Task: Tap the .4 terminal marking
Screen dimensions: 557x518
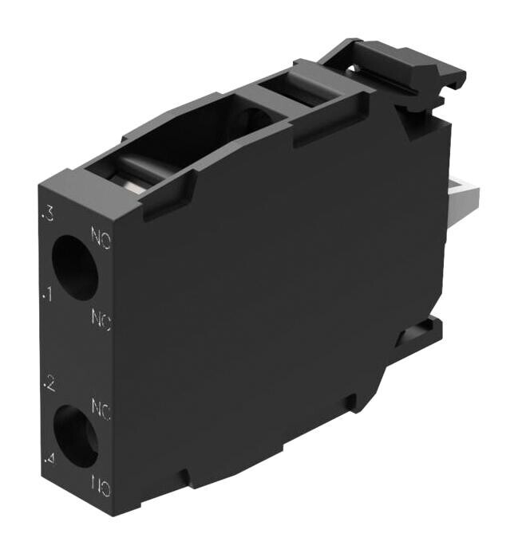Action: [x=49, y=461]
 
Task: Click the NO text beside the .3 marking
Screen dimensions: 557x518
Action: [x=101, y=237]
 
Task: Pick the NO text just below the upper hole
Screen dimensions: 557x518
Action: [x=101, y=320]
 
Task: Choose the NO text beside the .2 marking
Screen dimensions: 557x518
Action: [x=101, y=410]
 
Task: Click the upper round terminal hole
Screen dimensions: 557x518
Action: [x=74, y=268]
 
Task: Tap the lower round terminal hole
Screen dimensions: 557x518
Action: [x=74, y=435]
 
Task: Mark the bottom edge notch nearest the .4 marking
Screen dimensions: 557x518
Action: [x=185, y=479]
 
